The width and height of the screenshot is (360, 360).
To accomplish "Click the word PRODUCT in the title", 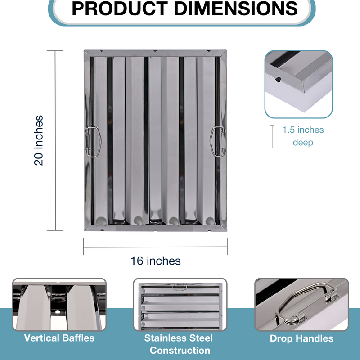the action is pyautogui.click(x=120, y=9).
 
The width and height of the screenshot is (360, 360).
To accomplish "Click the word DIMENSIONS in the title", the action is pyautogui.click(x=236, y=9).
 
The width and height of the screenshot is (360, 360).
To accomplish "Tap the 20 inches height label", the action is pyautogui.click(x=38, y=140).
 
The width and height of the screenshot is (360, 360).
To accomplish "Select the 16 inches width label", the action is pyautogui.click(x=156, y=261).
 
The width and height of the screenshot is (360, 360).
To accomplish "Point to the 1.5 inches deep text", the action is pyautogui.click(x=303, y=136).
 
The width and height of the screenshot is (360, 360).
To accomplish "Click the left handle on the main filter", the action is pyautogui.click(x=93, y=142).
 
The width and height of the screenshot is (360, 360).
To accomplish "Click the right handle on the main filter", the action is pyautogui.click(x=218, y=141).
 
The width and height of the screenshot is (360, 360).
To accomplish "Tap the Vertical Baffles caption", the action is pyautogui.click(x=59, y=338).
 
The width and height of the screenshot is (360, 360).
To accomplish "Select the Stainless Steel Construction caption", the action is pyautogui.click(x=179, y=344).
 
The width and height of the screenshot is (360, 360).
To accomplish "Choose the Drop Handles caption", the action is pyautogui.click(x=301, y=338).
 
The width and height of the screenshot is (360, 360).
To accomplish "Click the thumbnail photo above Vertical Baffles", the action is pyautogui.click(x=59, y=305).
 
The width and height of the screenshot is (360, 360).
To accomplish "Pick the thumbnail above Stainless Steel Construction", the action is pyautogui.click(x=180, y=305).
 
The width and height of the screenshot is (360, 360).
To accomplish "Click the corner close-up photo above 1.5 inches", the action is pyautogui.click(x=298, y=84).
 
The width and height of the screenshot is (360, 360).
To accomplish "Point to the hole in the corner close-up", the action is pyautogui.click(x=278, y=80).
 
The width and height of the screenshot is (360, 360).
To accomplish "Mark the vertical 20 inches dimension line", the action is pyautogui.click(x=55, y=140).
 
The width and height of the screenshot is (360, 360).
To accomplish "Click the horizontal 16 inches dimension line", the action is pyautogui.click(x=155, y=247).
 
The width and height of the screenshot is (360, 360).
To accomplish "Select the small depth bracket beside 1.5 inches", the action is pyautogui.click(x=272, y=137).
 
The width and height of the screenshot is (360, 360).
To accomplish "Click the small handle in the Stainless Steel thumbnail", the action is pyautogui.click(x=180, y=287).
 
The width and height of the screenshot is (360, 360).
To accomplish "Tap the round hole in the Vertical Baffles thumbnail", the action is pyautogui.click(x=58, y=312).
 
